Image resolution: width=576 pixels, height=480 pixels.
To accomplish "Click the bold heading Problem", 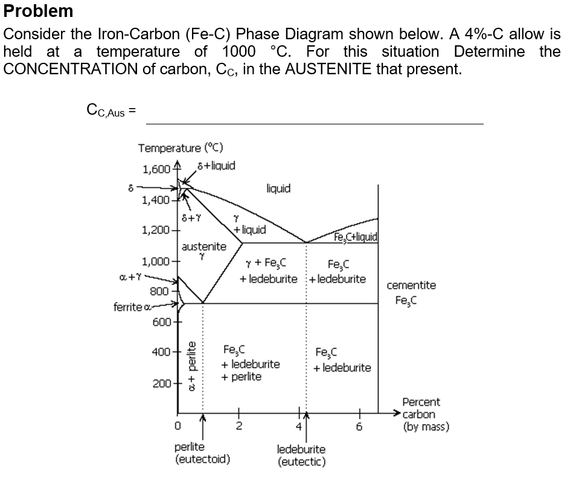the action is [x=39, y=11].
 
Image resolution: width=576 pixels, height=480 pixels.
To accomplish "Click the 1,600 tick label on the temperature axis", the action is [x=156, y=170].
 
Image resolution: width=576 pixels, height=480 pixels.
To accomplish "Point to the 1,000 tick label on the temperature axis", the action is [x=156, y=262].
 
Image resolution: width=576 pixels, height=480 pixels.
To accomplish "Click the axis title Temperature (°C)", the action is [x=181, y=148].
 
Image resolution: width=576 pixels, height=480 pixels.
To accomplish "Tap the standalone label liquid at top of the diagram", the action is [x=278, y=188].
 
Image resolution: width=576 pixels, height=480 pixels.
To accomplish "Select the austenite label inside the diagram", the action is [x=204, y=246].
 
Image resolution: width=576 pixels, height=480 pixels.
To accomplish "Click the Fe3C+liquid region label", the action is [x=356, y=236].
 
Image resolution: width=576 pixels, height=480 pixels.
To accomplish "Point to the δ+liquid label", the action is [x=217, y=165].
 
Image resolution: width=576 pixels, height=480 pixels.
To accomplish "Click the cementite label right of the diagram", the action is [x=411, y=286].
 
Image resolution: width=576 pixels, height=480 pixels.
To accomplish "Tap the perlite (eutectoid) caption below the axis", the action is [x=202, y=453].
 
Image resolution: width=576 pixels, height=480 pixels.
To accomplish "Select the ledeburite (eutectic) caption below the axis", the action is [x=301, y=456].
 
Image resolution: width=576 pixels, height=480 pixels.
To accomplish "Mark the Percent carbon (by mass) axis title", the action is [x=425, y=415].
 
